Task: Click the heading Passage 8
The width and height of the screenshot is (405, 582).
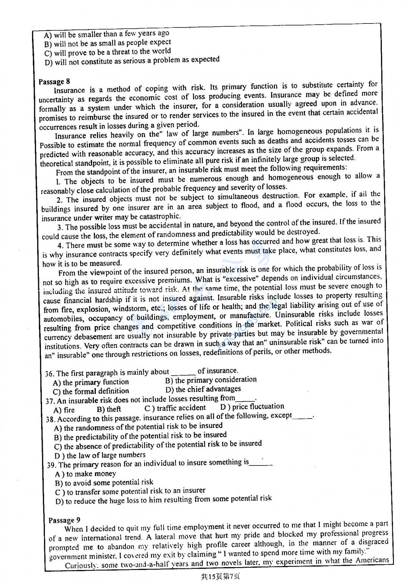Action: [54, 81]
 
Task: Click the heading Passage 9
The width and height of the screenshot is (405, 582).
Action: [64, 520]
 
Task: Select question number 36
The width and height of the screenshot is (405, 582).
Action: [50, 374]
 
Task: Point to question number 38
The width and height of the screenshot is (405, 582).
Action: [51, 419]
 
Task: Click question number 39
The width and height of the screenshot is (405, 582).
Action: [52, 465]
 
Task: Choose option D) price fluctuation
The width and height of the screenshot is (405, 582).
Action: [252, 406]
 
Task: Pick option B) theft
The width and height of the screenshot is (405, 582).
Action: [109, 409]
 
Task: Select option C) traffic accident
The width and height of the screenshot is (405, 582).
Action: [175, 408]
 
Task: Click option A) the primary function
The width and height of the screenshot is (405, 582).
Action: [91, 382]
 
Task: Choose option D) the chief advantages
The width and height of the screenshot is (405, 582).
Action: [203, 389]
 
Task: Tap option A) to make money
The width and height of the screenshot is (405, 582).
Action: [85, 474]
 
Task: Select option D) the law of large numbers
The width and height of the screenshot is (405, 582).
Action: [100, 455]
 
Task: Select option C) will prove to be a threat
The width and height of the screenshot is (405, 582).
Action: [108, 52]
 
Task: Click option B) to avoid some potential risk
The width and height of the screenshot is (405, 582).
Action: [104, 483]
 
